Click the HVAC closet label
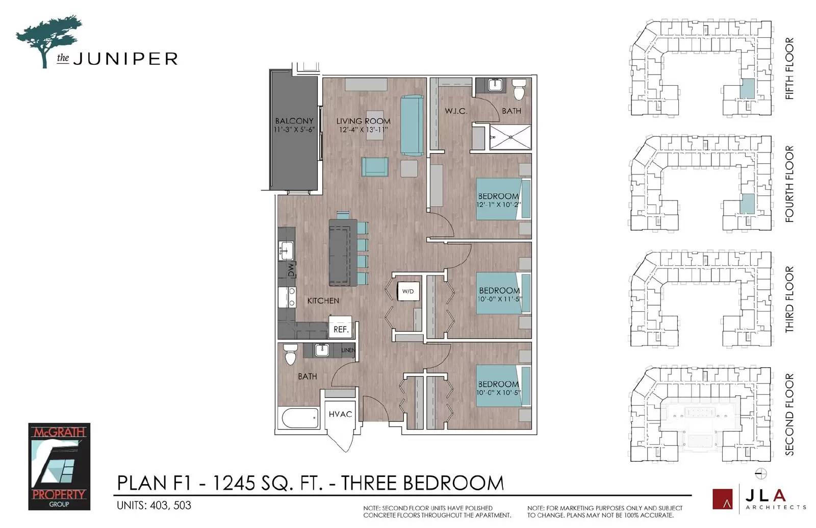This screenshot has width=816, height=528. click(x=340, y=414)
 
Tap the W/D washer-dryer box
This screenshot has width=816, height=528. click(x=408, y=291)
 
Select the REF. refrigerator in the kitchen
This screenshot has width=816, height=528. click(x=341, y=326)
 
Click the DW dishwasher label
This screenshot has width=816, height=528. click(x=291, y=270)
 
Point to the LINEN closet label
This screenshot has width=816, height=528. click(x=348, y=350)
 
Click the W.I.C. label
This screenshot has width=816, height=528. click(x=456, y=111)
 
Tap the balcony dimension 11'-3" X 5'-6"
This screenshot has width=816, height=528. click(x=294, y=130)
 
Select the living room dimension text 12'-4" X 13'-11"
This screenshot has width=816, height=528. click(x=363, y=130)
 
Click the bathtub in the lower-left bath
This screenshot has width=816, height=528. click(x=300, y=418)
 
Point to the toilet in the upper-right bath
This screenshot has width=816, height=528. click(x=519, y=89)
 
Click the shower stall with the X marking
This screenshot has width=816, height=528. click(x=510, y=137)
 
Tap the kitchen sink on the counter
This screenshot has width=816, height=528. click(x=286, y=250)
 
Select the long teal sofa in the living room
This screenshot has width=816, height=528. click(x=412, y=125)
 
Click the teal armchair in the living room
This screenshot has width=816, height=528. click(x=375, y=167)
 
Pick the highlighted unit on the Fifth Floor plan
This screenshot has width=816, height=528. click(x=748, y=89)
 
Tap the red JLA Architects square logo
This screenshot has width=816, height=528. click(x=722, y=498)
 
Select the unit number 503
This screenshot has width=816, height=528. click(x=182, y=506)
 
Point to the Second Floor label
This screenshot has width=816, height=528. click(x=789, y=414)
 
